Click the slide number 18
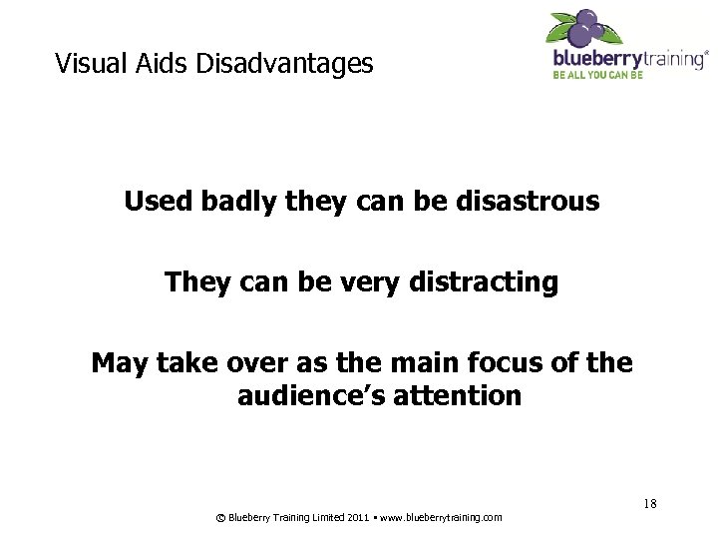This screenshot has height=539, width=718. (x=649, y=503)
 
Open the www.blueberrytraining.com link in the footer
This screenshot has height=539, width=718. (x=444, y=517)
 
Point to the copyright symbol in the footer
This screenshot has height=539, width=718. (x=220, y=517)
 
